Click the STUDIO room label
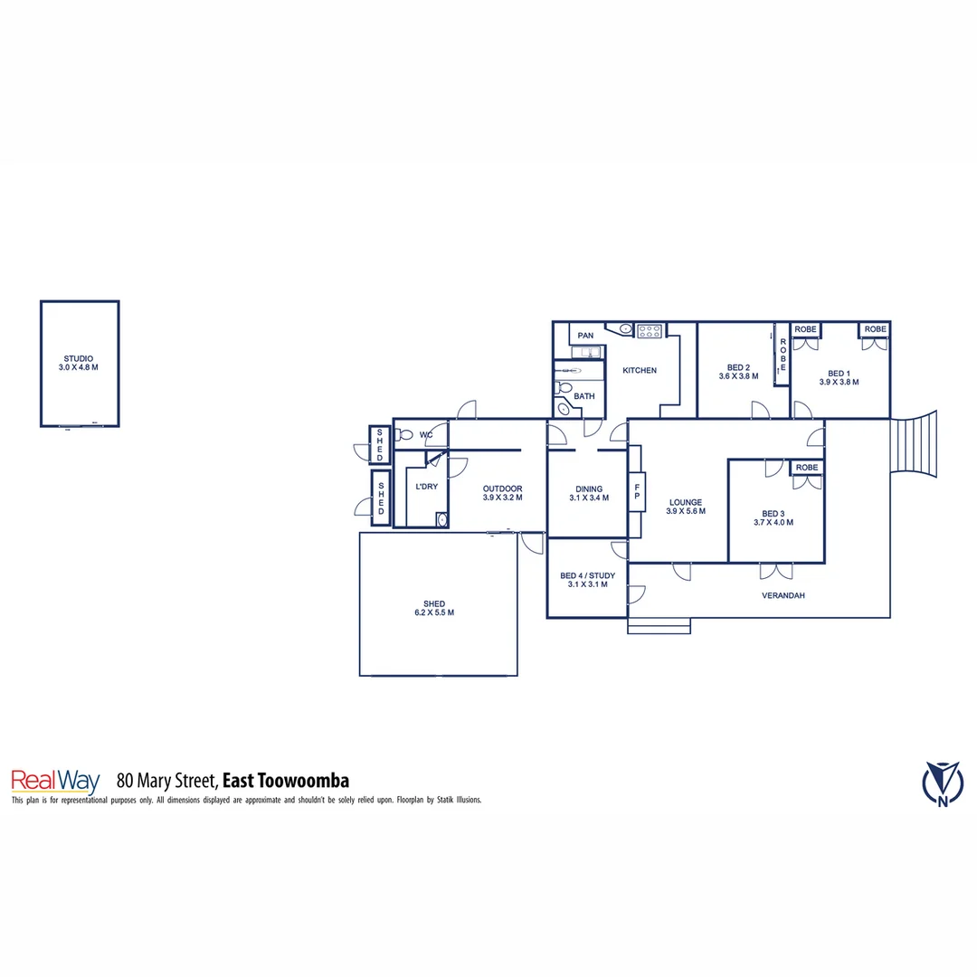pos(78,358)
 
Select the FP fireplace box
pos(637,492)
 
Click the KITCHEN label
pos(639,370)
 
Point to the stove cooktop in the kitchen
pos(649,331)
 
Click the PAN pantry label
pos(585,336)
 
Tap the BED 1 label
pos(839,373)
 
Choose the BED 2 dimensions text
pos(738,376)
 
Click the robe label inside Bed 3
pos(807,468)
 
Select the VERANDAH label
pos(783,595)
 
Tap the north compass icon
pos(943,783)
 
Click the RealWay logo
pos(54,781)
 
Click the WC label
pos(426,435)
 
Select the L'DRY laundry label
pos(426,487)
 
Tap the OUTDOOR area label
pos(502,488)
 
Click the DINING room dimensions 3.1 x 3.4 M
pos(589,498)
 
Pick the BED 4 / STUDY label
pos(587,575)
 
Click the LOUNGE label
pos(685,502)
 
